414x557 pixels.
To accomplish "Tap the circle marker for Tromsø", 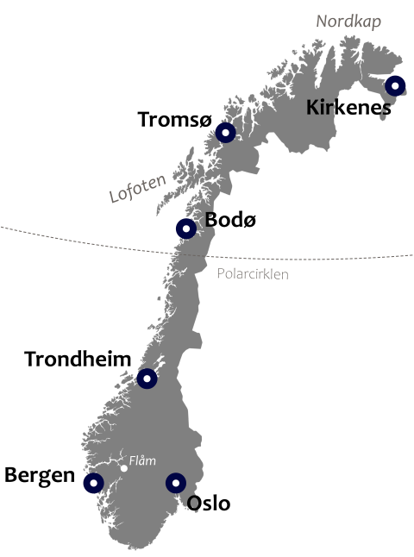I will tap(225, 132).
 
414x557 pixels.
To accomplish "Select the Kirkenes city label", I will tap(348, 108).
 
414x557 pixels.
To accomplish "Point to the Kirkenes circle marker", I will tap(394, 85).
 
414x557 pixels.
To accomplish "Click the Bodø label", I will tap(230, 219).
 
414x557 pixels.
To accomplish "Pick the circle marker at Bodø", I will tap(186, 228).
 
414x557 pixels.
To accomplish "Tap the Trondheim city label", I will tap(78, 359).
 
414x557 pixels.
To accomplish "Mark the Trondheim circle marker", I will tap(147, 379).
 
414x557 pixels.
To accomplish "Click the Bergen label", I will tap(40, 475).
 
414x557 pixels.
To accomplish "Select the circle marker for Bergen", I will tap(93, 483).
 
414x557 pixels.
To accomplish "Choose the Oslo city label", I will tap(209, 503).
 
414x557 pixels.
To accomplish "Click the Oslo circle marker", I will tap(176, 483).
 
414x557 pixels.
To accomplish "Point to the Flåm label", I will tap(142, 460).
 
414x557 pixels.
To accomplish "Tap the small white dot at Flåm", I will tap(124, 468).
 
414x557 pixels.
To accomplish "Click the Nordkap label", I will tap(348, 21).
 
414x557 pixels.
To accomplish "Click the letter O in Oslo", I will tap(195, 503).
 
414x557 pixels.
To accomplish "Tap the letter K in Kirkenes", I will tap(313, 108).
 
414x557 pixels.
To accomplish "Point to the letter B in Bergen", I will tap(11, 475).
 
